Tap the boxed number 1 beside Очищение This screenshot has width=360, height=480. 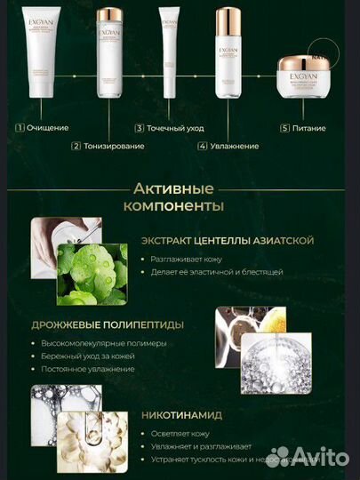point(19,128)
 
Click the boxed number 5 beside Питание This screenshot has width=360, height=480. point(284,128)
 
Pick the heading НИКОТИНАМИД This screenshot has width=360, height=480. point(182,414)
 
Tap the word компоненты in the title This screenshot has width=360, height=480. point(180,206)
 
